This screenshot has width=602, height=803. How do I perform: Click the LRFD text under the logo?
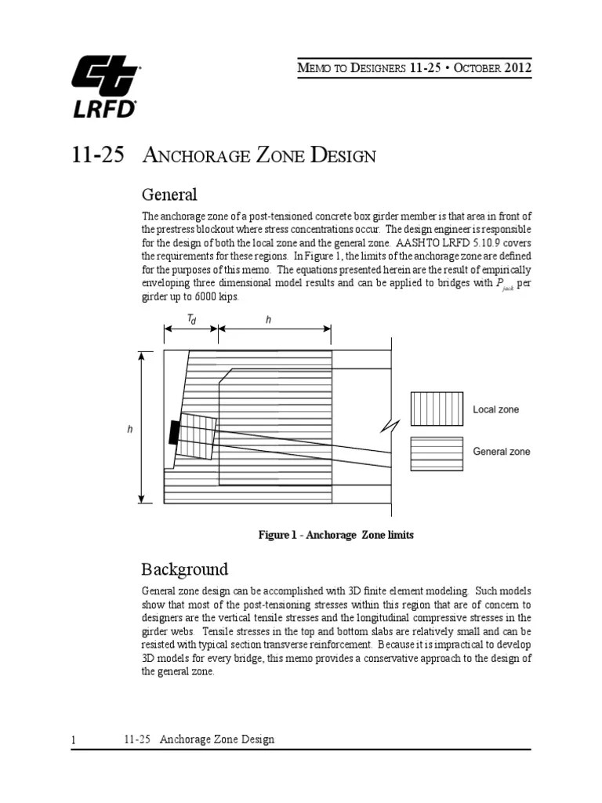click(x=105, y=109)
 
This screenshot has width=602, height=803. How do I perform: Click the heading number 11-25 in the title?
click(x=97, y=156)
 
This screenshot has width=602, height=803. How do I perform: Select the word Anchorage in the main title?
click(x=201, y=156)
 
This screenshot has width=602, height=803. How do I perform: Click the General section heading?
click(x=169, y=194)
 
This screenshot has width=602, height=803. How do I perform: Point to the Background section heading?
click(x=184, y=569)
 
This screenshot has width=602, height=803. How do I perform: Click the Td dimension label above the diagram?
click(x=191, y=320)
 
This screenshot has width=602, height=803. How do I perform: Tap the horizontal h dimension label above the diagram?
click(x=268, y=320)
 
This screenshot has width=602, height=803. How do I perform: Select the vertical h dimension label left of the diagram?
click(x=130, y=429)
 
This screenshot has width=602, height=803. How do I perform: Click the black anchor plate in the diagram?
click(x=174, y=433)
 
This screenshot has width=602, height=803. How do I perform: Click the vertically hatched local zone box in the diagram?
click(x=198, y=435)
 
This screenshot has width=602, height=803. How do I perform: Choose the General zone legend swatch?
click(x=437, y=452)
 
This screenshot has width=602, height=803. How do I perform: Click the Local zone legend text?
click(x=495, y=409)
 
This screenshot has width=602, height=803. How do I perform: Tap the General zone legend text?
click(x=501, y=452)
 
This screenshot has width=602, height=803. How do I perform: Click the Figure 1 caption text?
click(x=335, y=535)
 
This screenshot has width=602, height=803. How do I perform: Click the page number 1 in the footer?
click(x=74, y=740)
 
